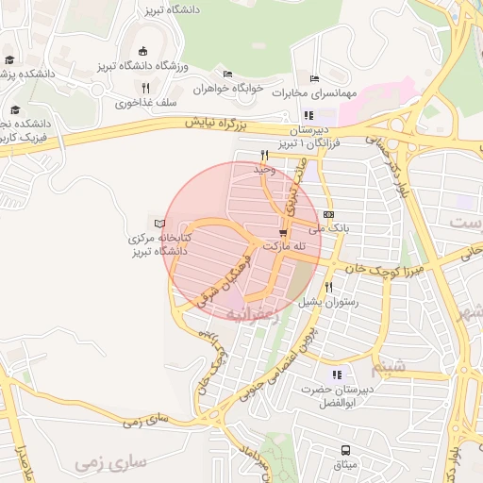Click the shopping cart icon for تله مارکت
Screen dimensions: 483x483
tap(282, 232)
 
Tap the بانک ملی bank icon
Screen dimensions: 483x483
tap(327, 214)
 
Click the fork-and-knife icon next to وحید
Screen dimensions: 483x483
tap(264, 155)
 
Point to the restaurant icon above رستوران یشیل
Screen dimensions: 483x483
tap(328, 288)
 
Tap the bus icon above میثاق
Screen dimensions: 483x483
tap(346, 450)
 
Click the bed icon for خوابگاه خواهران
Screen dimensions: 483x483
tap(227, 75)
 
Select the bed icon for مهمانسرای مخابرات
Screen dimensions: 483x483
tap(314, 79)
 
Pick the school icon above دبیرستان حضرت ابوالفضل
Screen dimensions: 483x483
tap(338, 375)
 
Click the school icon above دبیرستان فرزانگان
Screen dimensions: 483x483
tap(308, 115)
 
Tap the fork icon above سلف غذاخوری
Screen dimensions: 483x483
tap(144, 89)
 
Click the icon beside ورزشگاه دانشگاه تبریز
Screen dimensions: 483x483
tap(142, 51)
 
